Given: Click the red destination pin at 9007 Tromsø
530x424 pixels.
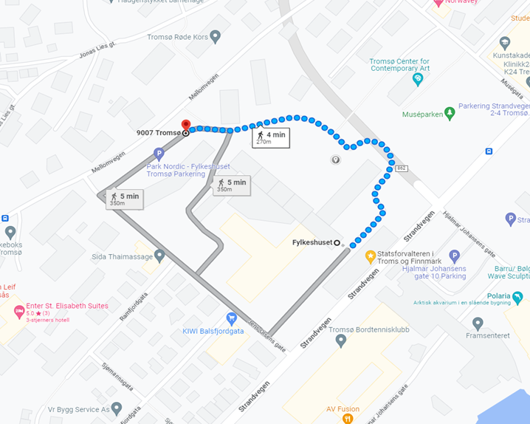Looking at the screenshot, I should (185, 125).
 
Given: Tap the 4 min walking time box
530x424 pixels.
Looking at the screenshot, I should (269, 138).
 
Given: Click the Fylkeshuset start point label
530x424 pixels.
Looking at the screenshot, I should (310, 242).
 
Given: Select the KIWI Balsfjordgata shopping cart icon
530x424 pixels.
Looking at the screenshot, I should (232, 318).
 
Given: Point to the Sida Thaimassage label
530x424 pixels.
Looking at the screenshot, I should (122, 256).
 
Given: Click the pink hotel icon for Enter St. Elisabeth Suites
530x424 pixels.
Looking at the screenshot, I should (18, 311).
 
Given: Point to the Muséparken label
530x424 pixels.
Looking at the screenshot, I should (422, 114).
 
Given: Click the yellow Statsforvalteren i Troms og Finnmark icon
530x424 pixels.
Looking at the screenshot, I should (371, 256).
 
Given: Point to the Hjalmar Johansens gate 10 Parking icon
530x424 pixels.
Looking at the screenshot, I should (455, 256).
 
